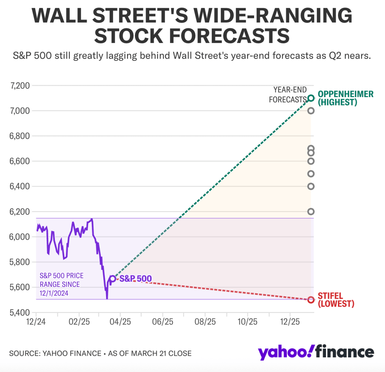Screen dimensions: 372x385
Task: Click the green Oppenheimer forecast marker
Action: click(x=311, y=98)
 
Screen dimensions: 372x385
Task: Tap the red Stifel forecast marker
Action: click(x=311, y=300)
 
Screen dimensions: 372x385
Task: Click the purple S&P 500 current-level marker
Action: click(x=112, y=279)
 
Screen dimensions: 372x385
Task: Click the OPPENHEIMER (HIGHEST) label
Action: click(x=346, y=98)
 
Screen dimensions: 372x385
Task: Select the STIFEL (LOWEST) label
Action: click(x=336, y=300)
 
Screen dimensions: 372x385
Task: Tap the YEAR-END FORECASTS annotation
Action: click(x=290, y=95)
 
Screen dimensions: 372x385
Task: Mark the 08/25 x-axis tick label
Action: click(x=205, y=323)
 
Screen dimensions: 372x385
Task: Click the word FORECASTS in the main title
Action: click(x=226, y=35)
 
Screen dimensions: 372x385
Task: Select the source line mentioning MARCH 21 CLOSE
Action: click(x=100, y=354)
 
